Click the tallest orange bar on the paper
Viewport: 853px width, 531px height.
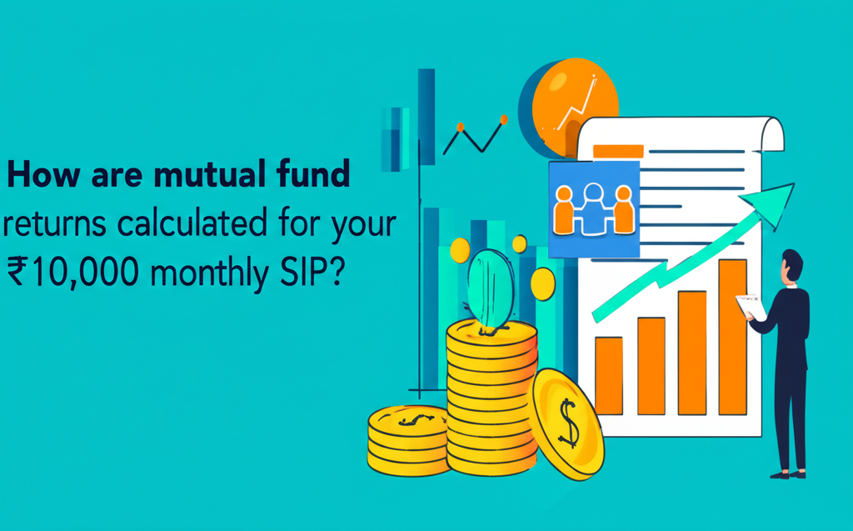pos(732,337)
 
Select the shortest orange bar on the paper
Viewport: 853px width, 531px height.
pos(608,375)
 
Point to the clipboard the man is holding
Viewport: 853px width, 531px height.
pos(751,307)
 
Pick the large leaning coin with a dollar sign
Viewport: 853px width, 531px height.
pos(566,423)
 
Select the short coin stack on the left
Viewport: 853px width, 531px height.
pos(408,440)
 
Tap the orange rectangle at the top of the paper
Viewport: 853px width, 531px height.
pos(617,152)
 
